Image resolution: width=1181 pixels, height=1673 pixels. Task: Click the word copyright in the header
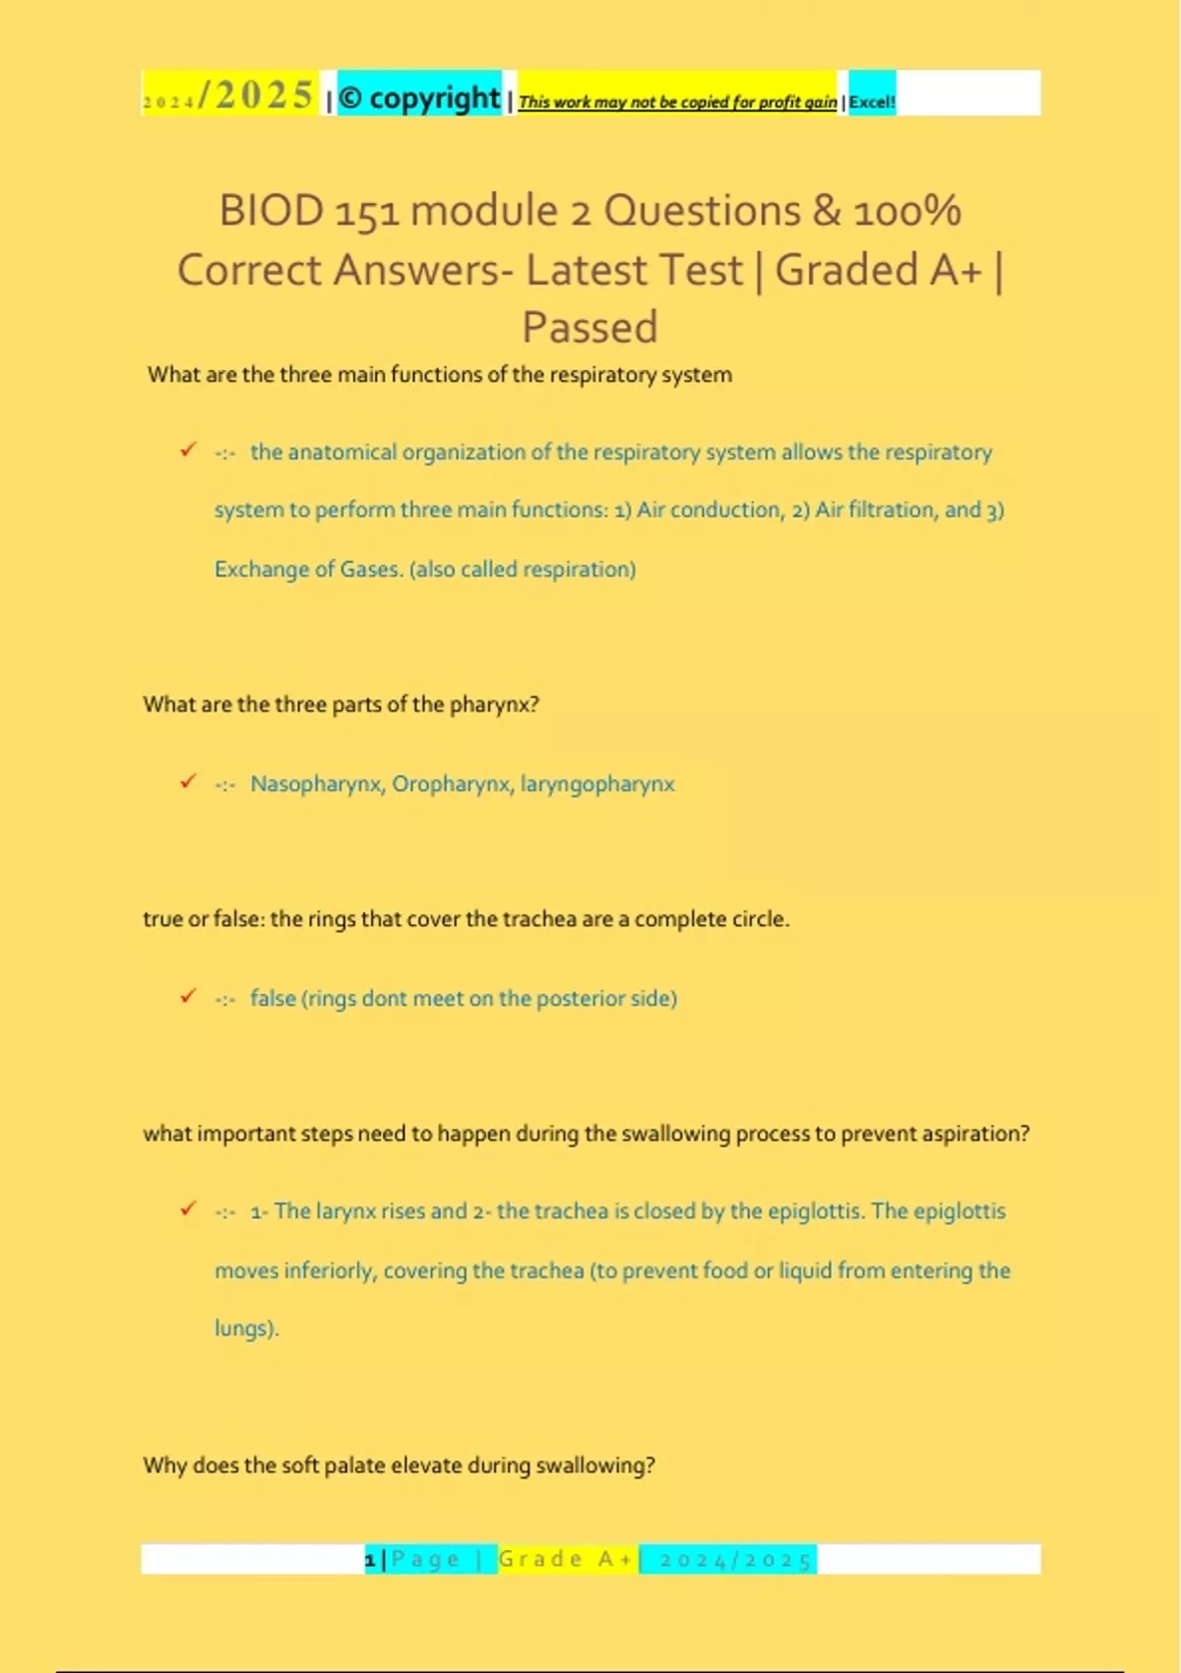434,97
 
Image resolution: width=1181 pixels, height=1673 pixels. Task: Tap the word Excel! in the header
872,101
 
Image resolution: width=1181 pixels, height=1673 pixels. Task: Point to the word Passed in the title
590,328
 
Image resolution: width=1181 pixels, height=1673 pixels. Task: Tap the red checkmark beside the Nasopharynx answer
188,781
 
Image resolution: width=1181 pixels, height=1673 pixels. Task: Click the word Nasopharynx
317,784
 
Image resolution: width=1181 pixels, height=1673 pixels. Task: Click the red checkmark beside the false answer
188,996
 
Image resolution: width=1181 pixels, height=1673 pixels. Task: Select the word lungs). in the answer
247,1329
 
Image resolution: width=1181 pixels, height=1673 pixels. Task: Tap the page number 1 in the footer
370,1560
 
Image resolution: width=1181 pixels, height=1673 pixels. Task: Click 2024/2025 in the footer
735,1560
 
